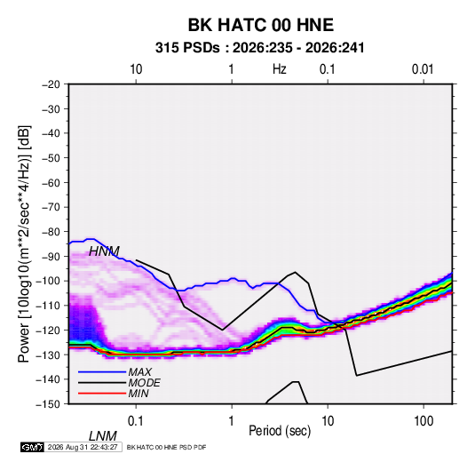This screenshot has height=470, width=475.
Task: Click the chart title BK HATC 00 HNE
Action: [261, 25]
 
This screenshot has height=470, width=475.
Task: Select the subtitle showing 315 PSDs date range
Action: [259, 48]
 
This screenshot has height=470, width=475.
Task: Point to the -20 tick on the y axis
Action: [51, 84]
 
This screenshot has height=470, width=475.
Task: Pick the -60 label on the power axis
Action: [51, 183]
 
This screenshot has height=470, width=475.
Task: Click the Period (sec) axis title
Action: [280, 431]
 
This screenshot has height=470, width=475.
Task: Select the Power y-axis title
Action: [24, 244]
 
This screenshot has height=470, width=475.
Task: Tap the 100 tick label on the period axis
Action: [424, 421]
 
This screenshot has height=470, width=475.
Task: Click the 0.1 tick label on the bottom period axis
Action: [135, 421]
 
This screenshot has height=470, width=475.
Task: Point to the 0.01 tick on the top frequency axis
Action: [423, 69]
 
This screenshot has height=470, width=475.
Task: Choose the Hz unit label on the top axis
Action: [280, 69]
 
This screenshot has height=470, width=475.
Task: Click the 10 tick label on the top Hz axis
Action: [136, 69]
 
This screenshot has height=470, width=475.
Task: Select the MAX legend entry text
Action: [139, 372]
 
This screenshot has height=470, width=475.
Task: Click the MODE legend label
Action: [144, 383]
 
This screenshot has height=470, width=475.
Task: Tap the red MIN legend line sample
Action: [102, 394]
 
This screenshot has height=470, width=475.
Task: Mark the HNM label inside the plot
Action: [104, 251]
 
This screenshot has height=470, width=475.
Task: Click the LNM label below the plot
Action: [103, 436]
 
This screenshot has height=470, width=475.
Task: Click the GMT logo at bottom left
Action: [32, 447]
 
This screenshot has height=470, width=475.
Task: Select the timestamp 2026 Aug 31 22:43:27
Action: [83, 447]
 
